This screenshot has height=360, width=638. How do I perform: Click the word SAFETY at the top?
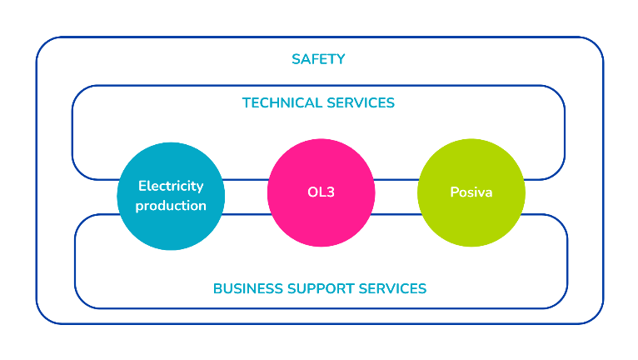318,59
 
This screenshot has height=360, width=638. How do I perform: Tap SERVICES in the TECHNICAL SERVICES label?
359,103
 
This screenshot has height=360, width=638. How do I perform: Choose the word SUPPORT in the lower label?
321,288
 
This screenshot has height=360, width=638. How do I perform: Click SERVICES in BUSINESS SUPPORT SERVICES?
392,288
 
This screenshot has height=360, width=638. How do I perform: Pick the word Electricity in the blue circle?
171,186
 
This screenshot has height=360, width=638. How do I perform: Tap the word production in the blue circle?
171,205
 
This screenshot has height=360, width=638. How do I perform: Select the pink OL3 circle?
321,192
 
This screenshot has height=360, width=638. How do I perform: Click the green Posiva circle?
471,192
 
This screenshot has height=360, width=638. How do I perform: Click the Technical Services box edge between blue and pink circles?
246,179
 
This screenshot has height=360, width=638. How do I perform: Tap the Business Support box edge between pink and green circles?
396,215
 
